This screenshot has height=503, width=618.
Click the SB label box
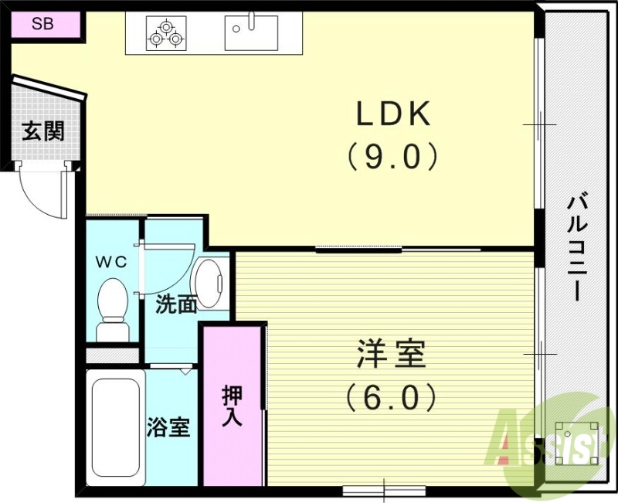click(43, 23)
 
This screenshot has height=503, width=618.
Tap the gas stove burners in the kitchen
click(167, 32)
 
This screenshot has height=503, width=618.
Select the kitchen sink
click(251, 32)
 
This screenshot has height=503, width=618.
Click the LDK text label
click(392, 115)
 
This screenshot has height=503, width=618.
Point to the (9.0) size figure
click(392, 157)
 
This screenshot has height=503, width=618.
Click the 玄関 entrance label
click(42, 131)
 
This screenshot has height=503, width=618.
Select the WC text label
click(110, 261)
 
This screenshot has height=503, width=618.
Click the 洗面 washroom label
click(176, 304)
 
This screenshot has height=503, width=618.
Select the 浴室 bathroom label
click(168, 427)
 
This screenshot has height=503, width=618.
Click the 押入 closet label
click(232, 406)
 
